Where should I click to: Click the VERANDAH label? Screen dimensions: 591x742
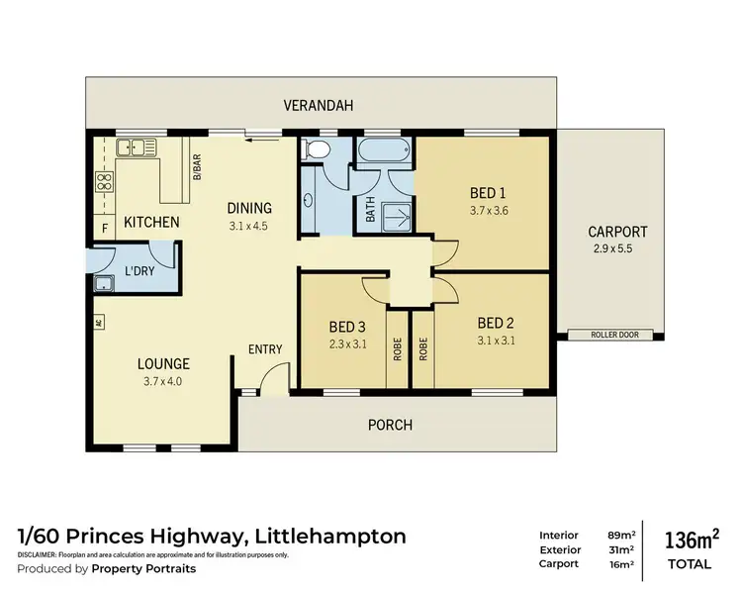[x=318, y=105]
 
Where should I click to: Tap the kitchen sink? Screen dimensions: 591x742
[x=137, y=148]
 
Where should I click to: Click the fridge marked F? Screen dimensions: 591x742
[x=104, y=229]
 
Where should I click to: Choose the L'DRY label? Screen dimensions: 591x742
[x=139, y=271]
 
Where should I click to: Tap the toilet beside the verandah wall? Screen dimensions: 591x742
[x=317, y=150]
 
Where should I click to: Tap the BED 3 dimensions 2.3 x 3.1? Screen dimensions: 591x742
[x=346, y=345]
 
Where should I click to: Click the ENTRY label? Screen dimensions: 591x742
[x=266, y=349]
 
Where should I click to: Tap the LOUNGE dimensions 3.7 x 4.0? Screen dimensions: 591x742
[x=162, y=380]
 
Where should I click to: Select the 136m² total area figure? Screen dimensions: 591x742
[x=691, y=540]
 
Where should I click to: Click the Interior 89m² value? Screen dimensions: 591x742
[x=620, y=535]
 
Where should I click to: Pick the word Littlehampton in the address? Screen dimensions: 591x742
[x=330, y=537]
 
